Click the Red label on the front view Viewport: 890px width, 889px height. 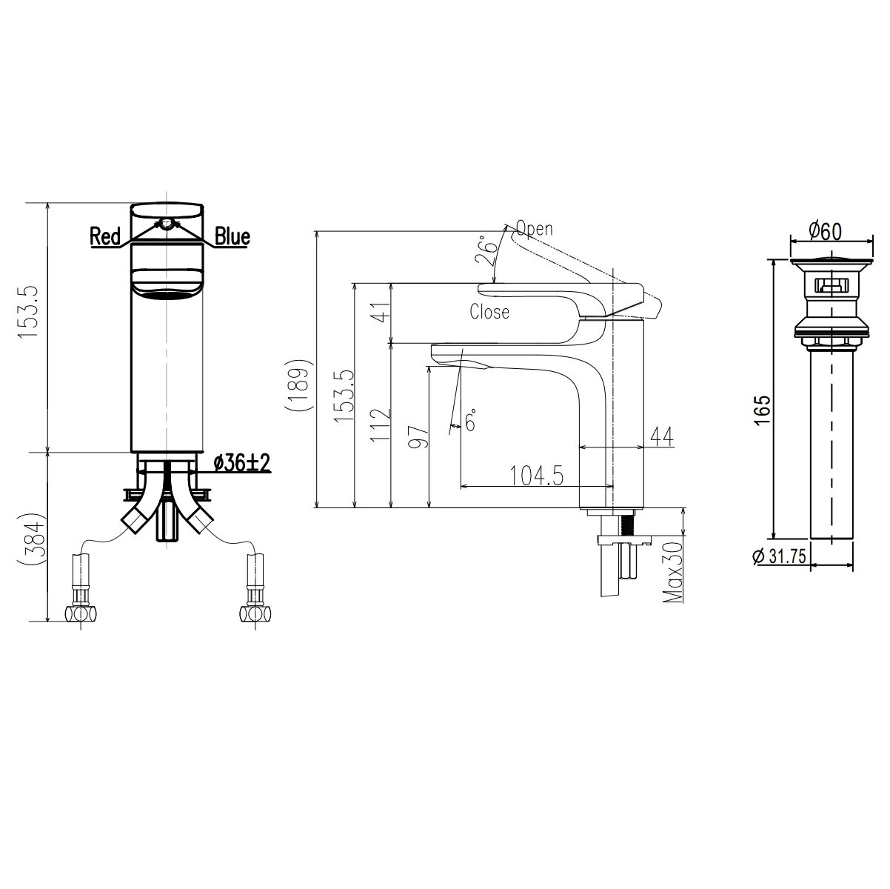tap(105, 236)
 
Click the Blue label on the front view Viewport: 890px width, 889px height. tap(232, 236)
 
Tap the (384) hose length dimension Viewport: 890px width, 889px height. tap(33, 541)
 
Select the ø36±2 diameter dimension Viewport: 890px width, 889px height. tap(241, 464)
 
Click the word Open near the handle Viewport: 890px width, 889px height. tap(534, 229)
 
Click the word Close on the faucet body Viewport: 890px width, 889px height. tap(489, 312)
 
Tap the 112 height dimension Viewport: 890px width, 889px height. tap(379, 425)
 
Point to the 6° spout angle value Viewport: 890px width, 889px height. tap(471, 421)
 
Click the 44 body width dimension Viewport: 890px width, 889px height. tap(661, 437)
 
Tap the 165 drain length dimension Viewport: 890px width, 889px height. tap(764, 412)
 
